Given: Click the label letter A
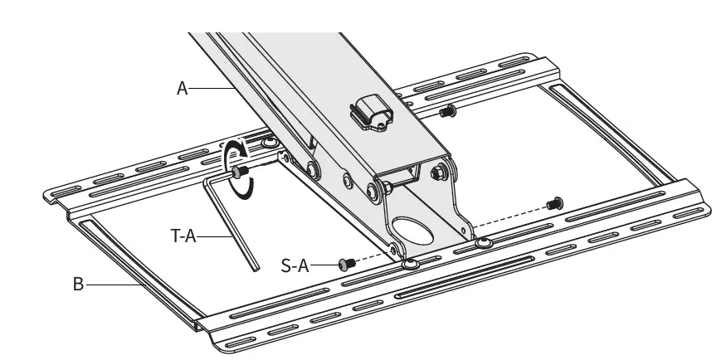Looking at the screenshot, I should click(x=183, y=87).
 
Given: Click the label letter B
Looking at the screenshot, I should click(x=78, y=284).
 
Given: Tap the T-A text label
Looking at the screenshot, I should click(x=183, y=236).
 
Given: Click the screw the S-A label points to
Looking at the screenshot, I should click(x=346, y=263).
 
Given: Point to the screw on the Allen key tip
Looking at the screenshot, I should click(x=241, y=173).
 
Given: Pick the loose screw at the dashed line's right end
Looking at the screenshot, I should click(x=554, y=202).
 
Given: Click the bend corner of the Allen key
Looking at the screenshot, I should click(x=207, y=178).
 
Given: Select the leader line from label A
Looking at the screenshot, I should click(x=214, y=87).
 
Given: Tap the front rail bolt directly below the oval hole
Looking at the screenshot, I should click(x=411, y=264).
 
